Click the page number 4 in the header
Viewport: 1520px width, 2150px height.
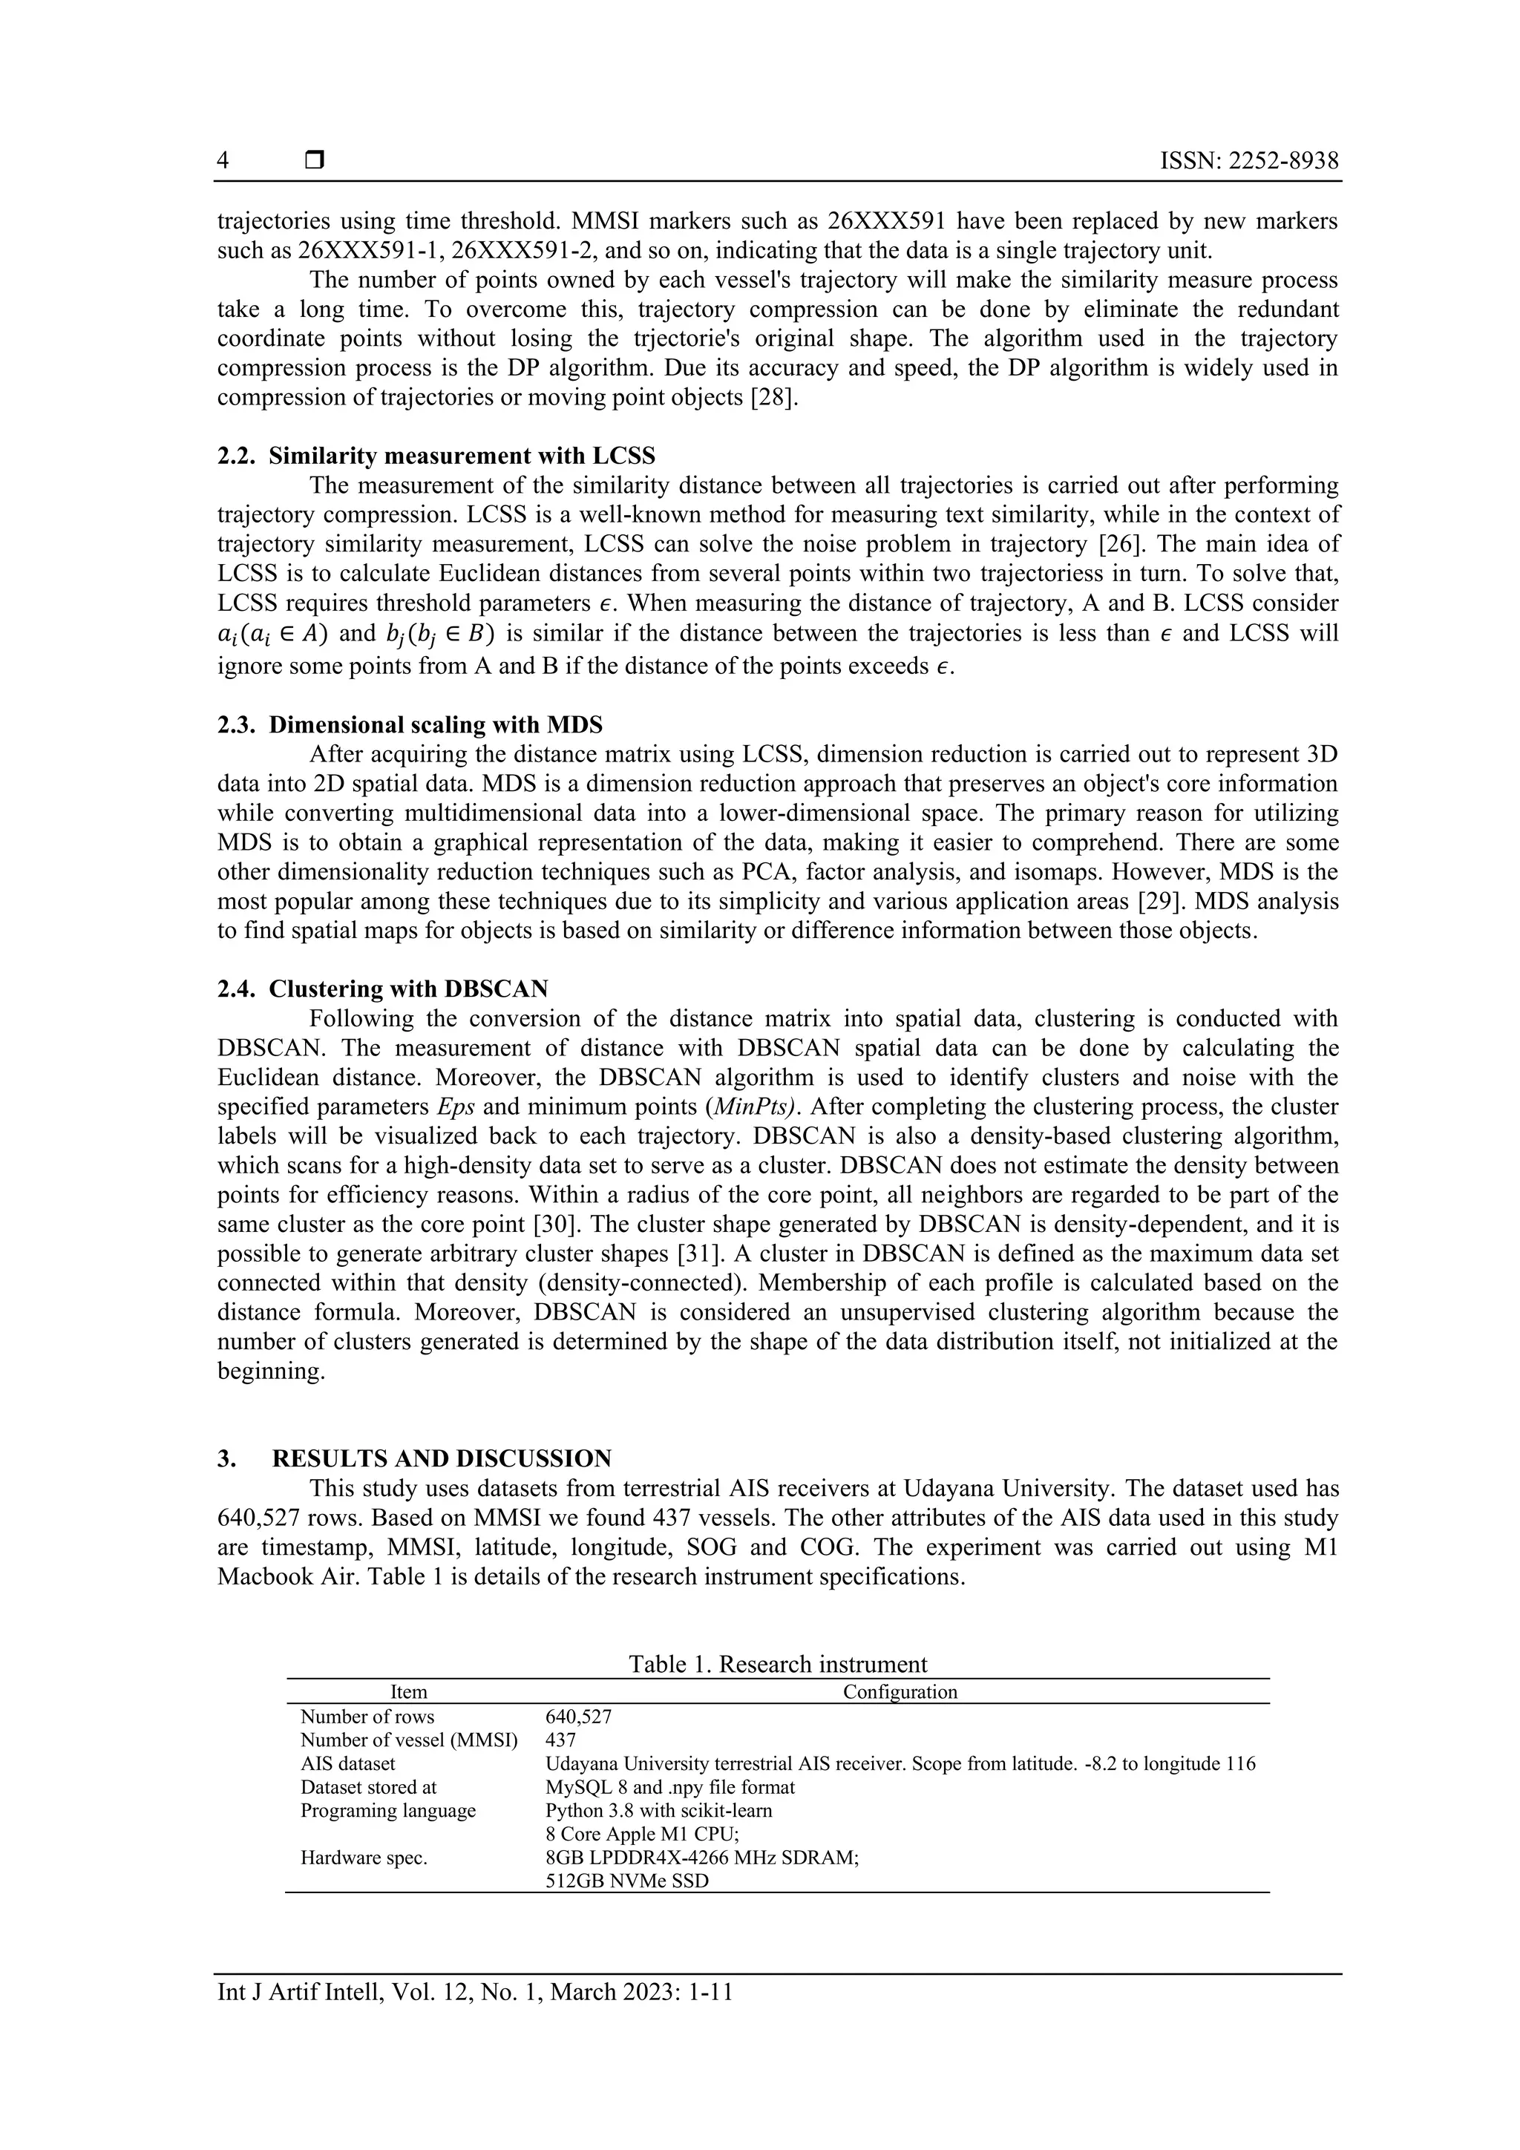pyautogui.click(x=223, y=161)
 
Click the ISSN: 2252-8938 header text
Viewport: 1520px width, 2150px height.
pyautogui.click(x=1248, y=161)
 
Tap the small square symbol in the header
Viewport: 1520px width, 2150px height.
pyautogui.click(x=315, y=161)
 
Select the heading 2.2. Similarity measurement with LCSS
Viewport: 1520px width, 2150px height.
pyautogui.click(x=436, y=456)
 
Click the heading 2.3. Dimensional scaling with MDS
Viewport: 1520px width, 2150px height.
pyautogui.click(x=410, y=725)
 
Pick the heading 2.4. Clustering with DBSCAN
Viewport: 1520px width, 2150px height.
pyautogui.click(x=383, y=989)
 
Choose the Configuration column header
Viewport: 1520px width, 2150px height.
pyautogui.click(x=900, y=1692)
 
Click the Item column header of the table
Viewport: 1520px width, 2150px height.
pyautogui.click(x=408, y=1692)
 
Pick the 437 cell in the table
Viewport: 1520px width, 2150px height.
pyautogui.click(x=560, y=1740)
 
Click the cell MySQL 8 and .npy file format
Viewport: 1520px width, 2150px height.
pyautogui.click(x=669, y=1786)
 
